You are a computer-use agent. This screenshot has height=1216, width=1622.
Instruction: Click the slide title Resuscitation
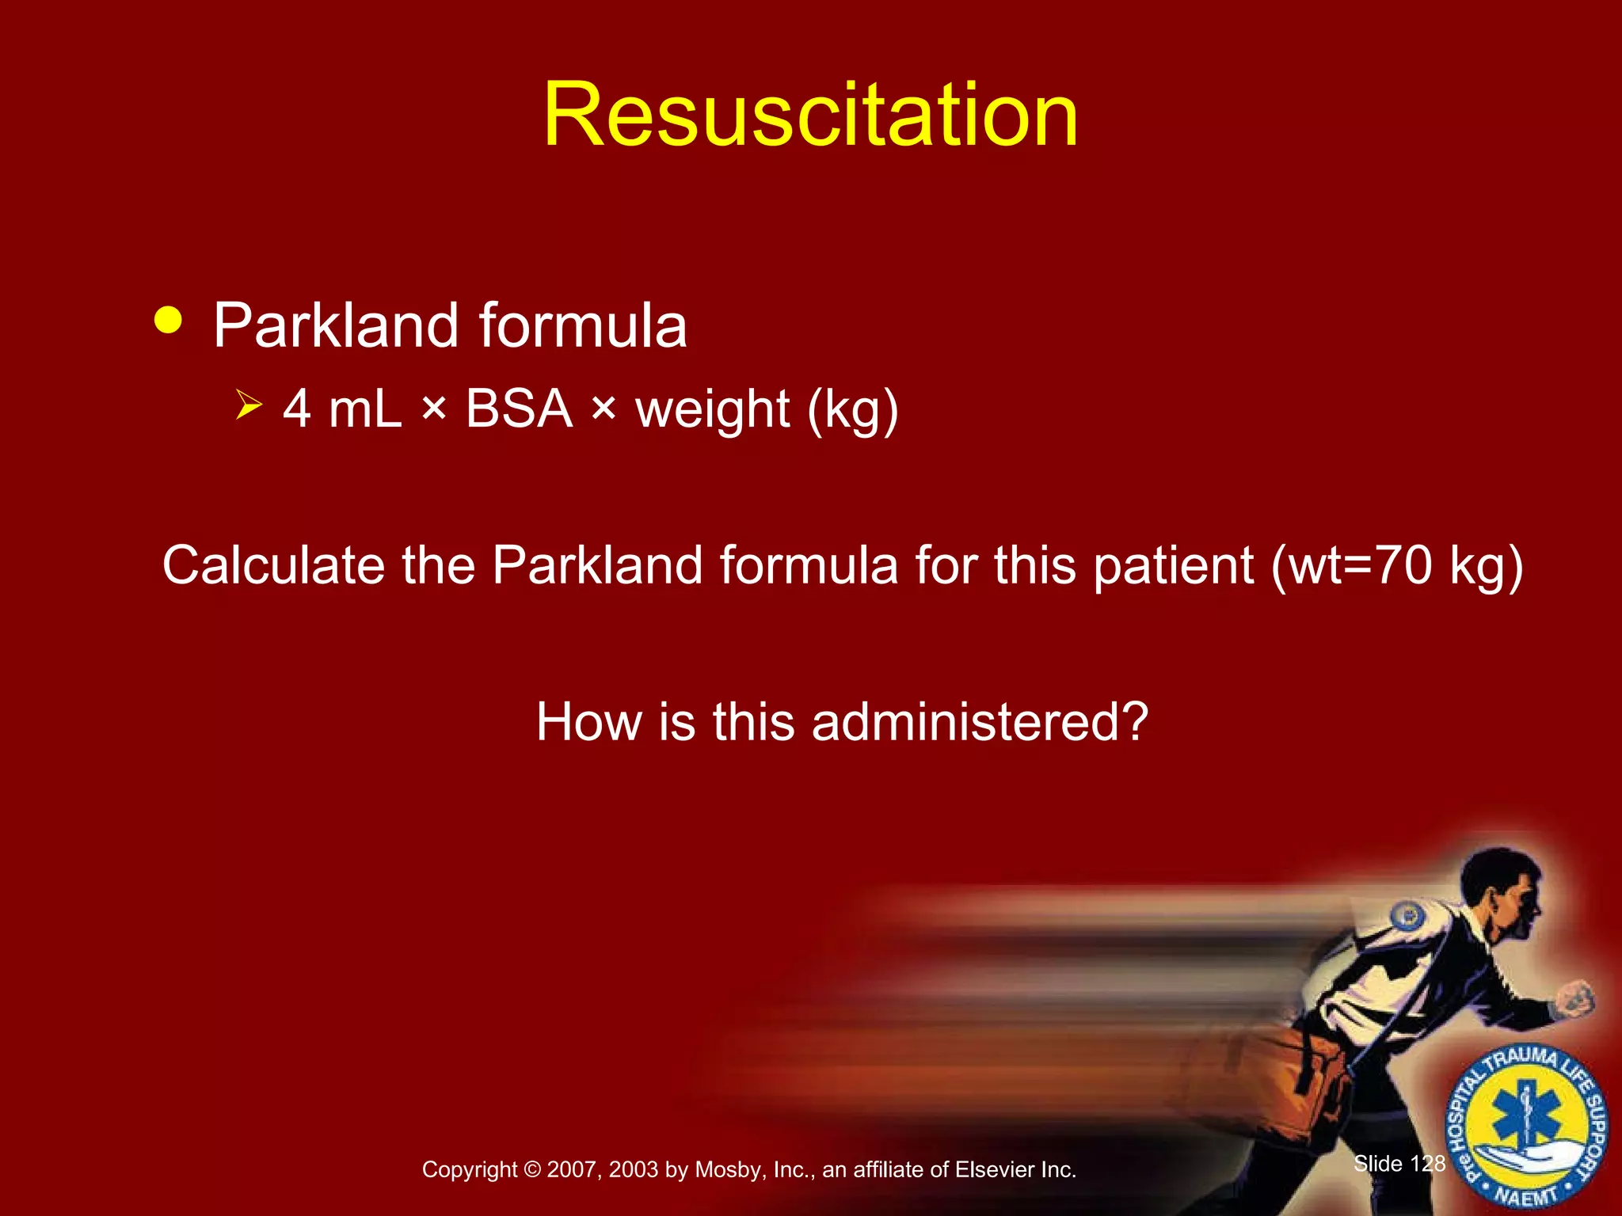pos(810,116)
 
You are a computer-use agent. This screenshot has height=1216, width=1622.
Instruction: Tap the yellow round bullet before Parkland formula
pos(169,321)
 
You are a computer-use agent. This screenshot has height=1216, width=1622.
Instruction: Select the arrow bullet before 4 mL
pos(249,407)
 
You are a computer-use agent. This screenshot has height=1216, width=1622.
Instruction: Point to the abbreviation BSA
pos(519,409)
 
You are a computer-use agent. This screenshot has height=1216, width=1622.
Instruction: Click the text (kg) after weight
pos(853,411)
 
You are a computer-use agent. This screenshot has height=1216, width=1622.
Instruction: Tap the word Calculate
pos(272,565)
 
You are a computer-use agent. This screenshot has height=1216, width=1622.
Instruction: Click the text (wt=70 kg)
pos(1397,567)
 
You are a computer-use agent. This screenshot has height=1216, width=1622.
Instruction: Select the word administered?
pos(980,722)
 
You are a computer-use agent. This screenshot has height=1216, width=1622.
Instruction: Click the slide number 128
pos(1427,1163)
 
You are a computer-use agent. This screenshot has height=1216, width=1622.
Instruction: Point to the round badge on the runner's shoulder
pos(1407,917)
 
